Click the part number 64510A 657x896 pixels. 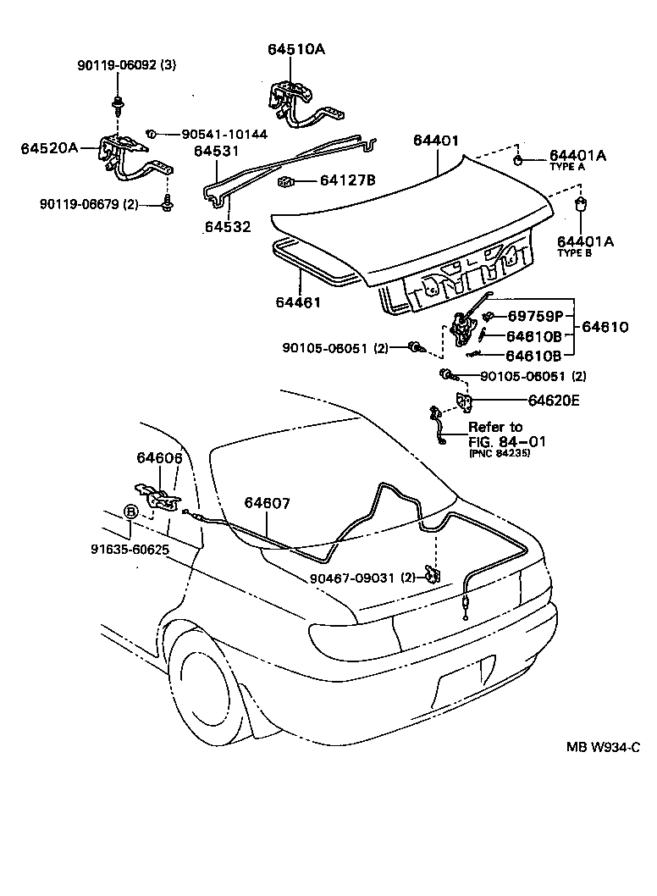click(290, 50)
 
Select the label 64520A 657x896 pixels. click(48, 148)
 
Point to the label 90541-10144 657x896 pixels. click(213, 134)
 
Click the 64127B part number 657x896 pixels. click(347, 180)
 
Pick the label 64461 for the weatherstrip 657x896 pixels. click(298, 301)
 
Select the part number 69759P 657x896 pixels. click(535, 316)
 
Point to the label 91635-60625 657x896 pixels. click(130, 548)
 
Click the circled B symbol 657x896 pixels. click(130, 512)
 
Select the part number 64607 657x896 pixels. click(268, 503)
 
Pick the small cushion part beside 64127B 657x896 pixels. click(285, 181)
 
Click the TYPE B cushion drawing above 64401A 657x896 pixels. click(582, 206)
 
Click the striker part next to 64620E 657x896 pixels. click(462, 401)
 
